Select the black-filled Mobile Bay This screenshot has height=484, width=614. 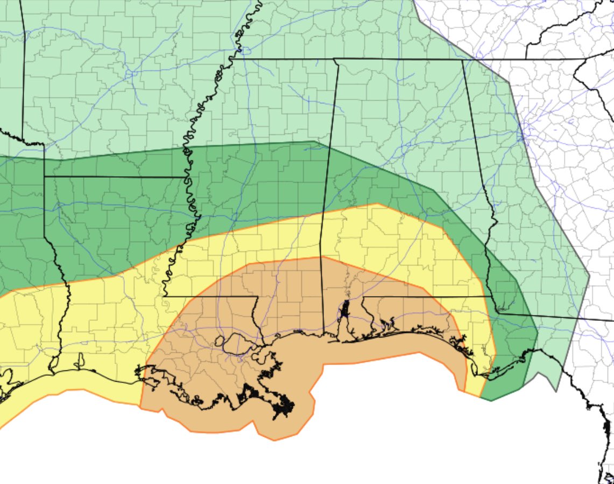pyautogui.click(x=344, y=310)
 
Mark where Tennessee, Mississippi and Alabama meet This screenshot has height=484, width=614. pyautogui.click(x=334, y=59)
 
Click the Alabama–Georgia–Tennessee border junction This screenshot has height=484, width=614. pyautogui.click(x=463, y=59)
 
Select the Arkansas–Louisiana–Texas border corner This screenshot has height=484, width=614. pyautogui.click(x=44, y=176)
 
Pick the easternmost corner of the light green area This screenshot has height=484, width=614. pyautogui.click(x=590, y=275)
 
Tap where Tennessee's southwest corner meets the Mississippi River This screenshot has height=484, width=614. pyautogui.click(x=244, y=59)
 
